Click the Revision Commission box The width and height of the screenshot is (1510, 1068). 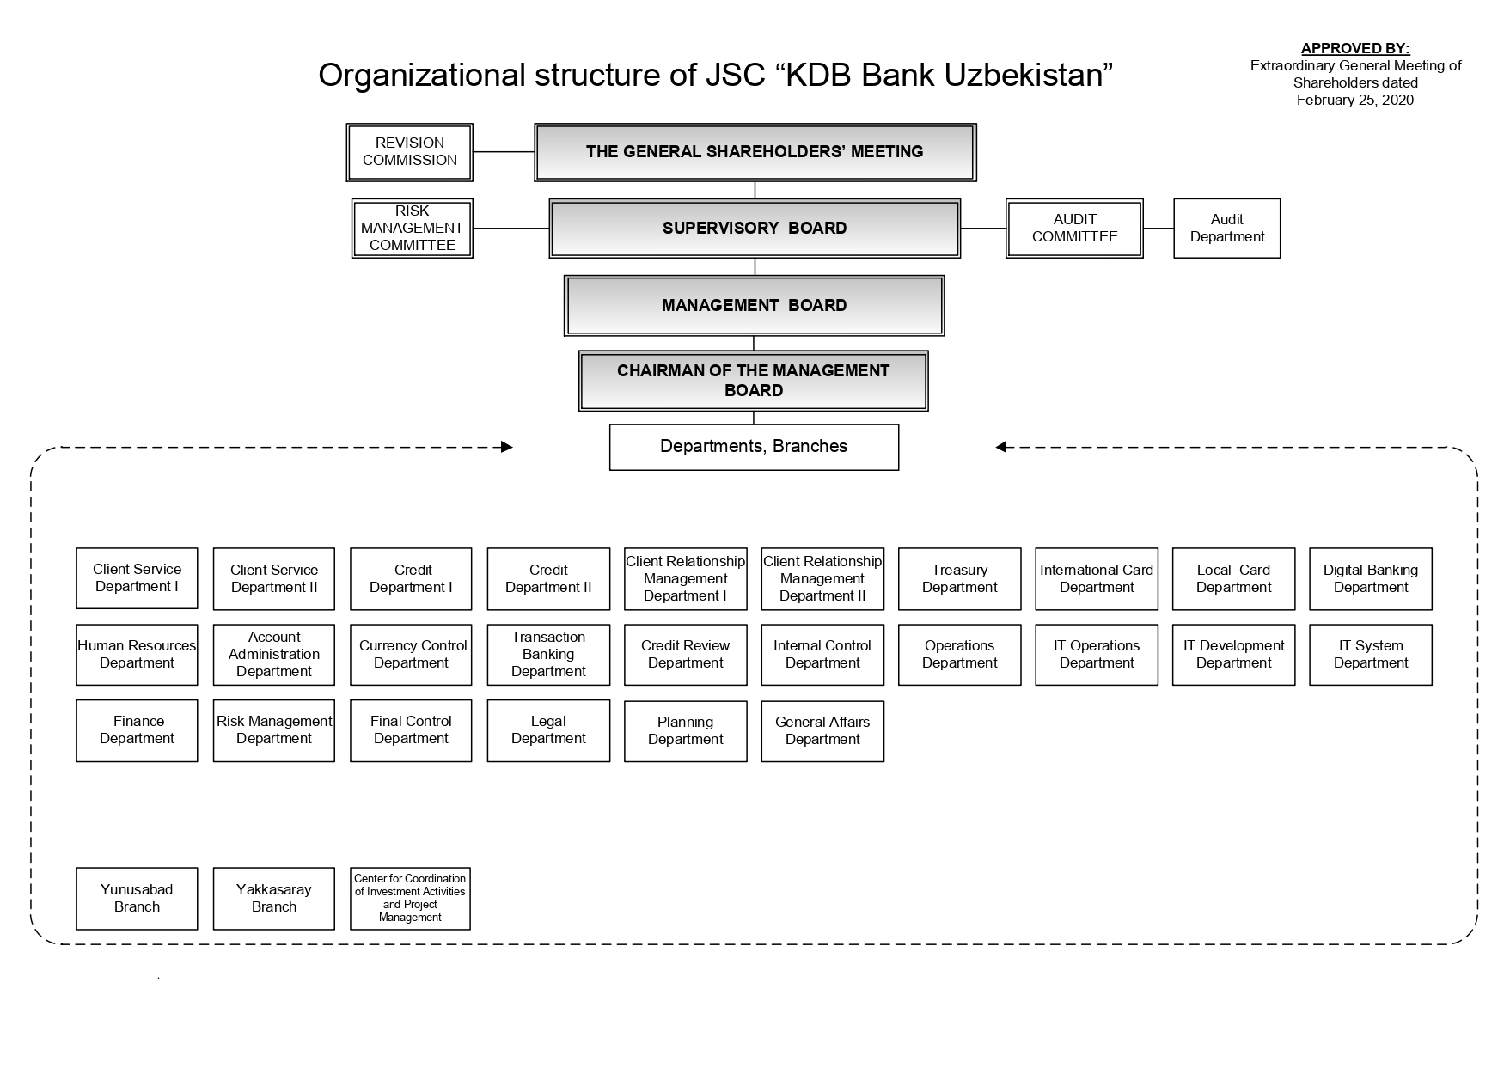click(x=409, y=152)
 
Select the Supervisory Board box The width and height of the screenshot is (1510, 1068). click(x=755, y=229)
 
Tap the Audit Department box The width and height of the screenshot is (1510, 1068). click(x=1226, y=229)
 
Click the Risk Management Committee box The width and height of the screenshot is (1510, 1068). click(x=412, y=229)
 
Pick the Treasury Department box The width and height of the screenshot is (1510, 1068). click(x=959, y=579)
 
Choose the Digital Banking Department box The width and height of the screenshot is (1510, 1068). click(x=1370, y=579)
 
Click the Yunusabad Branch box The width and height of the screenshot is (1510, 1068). click(x=137, y=899)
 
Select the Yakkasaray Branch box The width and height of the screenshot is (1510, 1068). click(x=273, y=899)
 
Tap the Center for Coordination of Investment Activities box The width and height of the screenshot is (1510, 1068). click(x=410, y=899)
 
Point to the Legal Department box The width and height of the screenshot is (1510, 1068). click(x=548, y=730)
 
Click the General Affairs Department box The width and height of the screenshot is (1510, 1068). click(x=822, y=731)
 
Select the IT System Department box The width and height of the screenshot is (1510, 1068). click(x=1370, y=655)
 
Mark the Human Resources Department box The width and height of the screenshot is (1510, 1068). click(x=137, y=655)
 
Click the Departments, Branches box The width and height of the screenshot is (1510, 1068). click(x=754, y=447)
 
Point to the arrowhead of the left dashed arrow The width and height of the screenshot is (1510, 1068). click(x=507, y=447)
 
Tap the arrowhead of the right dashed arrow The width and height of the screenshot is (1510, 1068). click(x=1001, y=447)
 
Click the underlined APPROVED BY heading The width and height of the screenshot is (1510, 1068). click(x=1354, y=49)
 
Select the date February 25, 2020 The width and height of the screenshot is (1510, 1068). click(x=1354, y=101)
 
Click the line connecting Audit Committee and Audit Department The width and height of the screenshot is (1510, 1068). click(x=1158, y=229)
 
